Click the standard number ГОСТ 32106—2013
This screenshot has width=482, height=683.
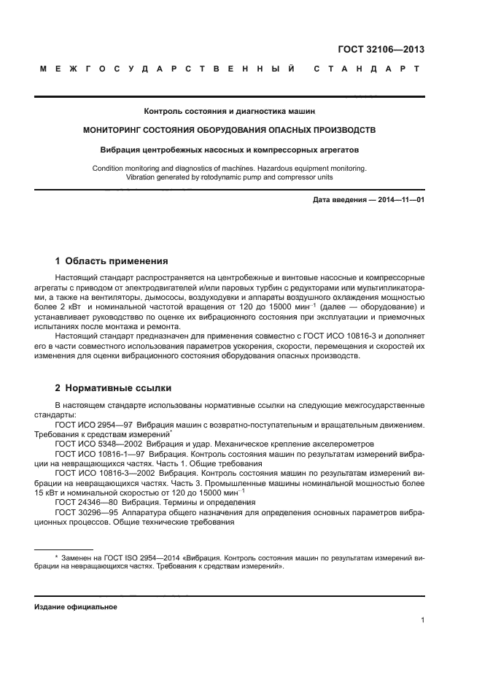coord(380,50)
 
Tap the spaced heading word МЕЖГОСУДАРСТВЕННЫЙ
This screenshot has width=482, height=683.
coord(168,69)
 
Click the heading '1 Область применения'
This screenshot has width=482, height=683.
coord(112,261)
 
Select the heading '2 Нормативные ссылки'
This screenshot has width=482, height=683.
coord(114,387)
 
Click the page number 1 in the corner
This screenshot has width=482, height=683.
coord(423,620)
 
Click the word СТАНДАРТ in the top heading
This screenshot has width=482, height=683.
coord(367,69)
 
